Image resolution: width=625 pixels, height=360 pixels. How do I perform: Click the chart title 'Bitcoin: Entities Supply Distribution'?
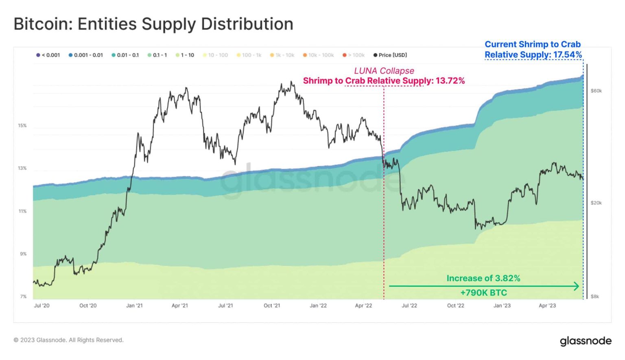coord(153,24)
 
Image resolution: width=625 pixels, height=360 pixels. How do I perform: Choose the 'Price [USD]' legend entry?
coord(390,55)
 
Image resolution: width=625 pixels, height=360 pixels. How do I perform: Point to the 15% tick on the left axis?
coord(22,126)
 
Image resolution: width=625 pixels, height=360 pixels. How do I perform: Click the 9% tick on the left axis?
coord(23,254)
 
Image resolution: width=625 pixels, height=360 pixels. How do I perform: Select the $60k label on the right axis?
coord(596,91)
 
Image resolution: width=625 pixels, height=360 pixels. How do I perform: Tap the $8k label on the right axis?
coord(595,297)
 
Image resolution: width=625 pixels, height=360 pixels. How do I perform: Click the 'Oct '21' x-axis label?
coord(272,305)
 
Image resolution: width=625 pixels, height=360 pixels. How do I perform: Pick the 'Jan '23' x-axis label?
coord(502,305)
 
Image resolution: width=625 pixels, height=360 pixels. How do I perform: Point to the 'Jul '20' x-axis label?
coord(42,305)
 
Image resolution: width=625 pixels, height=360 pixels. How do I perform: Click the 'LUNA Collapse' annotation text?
coord(384,71)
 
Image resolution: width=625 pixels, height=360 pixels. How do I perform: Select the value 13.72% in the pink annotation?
coord(450,81)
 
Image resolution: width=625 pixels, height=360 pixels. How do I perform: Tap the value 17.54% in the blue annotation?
coord(567,55)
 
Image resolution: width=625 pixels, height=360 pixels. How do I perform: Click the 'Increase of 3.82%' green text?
coord(483,278)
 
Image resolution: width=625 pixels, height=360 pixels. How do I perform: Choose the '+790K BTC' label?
coord(483,292)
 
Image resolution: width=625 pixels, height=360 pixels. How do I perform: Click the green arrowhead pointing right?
coord(576,286)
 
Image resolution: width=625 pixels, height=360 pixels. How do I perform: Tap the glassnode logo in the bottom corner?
coord(586,340)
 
